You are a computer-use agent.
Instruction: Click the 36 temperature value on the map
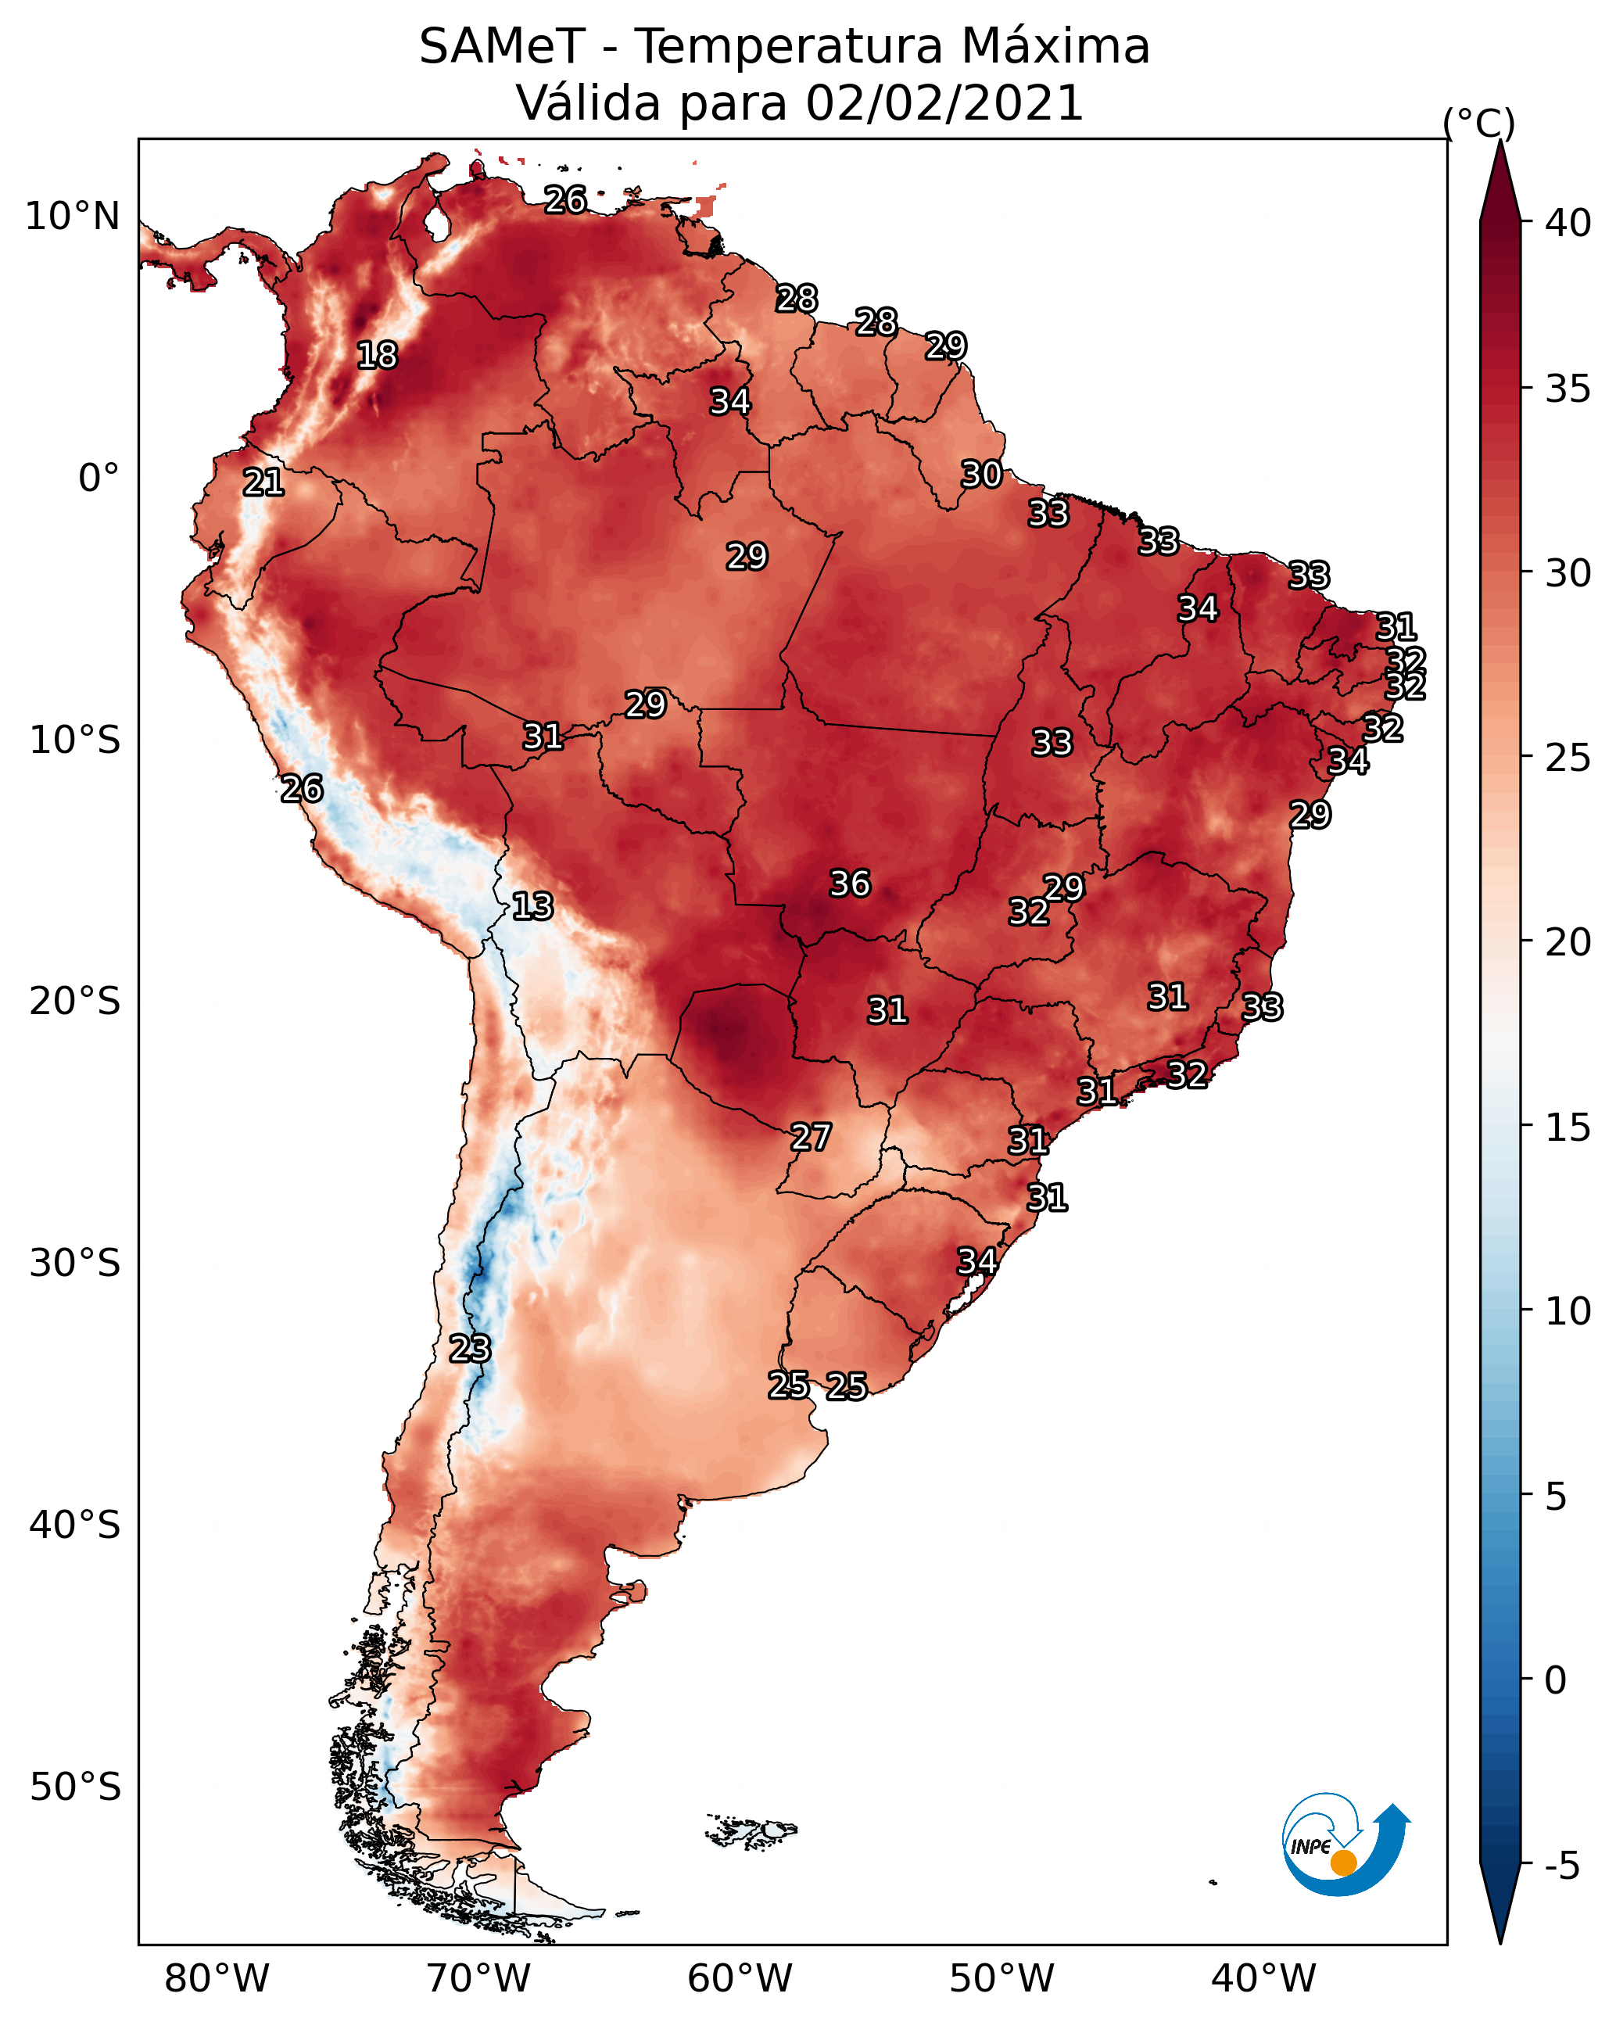click(850, 884)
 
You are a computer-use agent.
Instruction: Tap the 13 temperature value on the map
click(532, 906)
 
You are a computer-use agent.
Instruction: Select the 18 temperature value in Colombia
click(377, 356)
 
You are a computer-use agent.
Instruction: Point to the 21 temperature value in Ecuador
click(263, 483)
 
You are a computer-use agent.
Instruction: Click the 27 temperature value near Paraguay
click(810, 1138)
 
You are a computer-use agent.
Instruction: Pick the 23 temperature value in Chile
click(470, 1349)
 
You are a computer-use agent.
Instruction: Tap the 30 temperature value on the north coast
click(982, 475)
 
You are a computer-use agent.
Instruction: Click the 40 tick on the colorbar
click(1568, 223)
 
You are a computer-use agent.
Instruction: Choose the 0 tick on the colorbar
click(1556, 1682)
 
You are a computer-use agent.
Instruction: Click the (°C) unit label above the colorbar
click(1479, 123)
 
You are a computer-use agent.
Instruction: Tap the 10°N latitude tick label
click(72, 217)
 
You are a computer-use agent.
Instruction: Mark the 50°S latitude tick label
click(75, 1787)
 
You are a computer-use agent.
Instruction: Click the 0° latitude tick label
click(99, 479)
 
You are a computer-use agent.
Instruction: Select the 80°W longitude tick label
click(217, 1979)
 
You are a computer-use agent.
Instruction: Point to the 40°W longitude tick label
click(1263, 1979)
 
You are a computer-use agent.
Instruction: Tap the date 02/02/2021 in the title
click(944, 103)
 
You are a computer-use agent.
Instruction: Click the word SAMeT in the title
click(502, 47)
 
